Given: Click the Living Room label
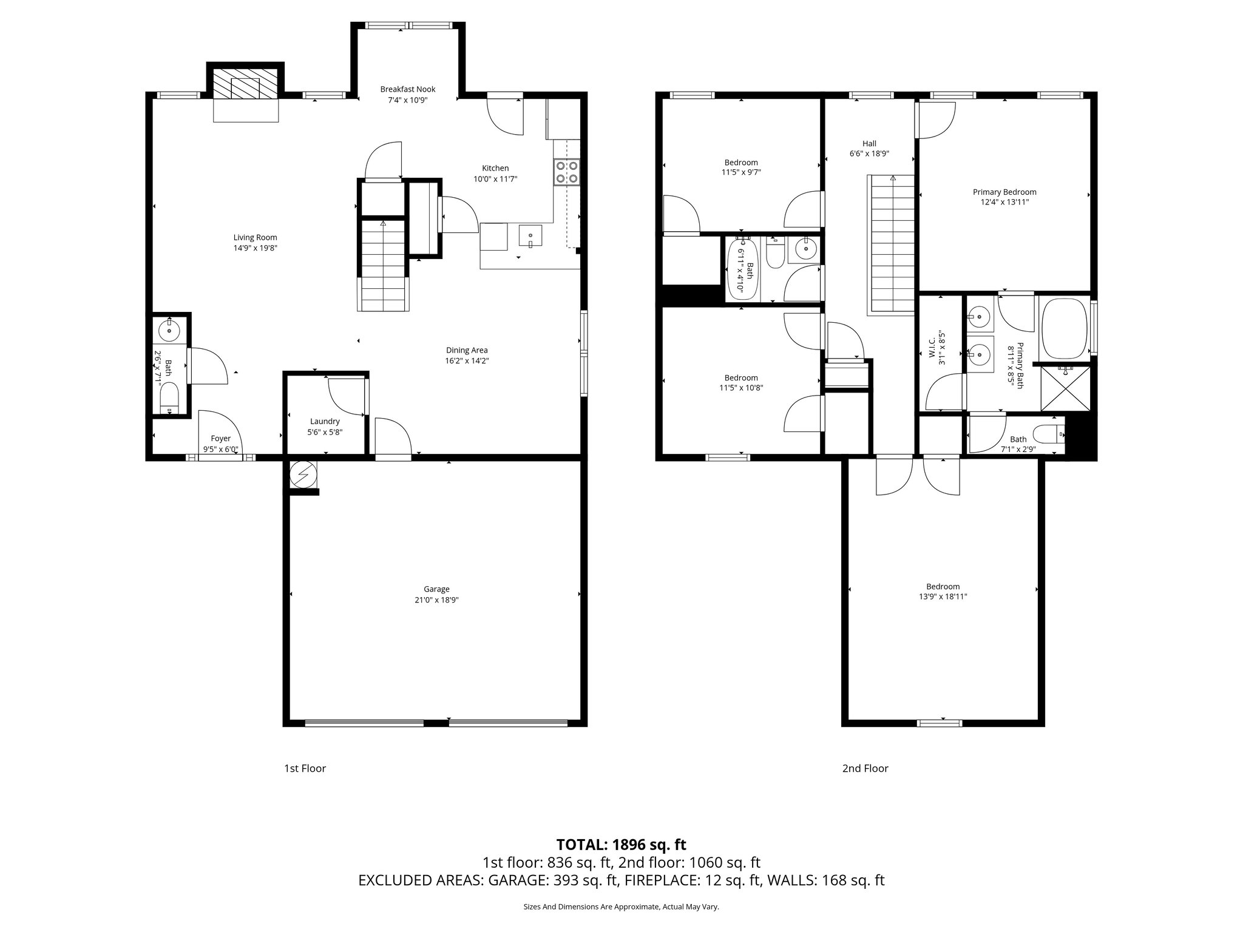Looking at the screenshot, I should (255, 237).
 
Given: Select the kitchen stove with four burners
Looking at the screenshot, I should (567, 172).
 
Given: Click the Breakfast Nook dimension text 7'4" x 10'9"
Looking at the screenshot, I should (408, 100).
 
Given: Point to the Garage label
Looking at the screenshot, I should (436, 589).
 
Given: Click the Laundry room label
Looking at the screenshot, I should (325, 421).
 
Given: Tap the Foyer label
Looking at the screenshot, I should (220, 438).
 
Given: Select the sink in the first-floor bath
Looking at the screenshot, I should (169, 331).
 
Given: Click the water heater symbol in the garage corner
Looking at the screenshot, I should (303, 474).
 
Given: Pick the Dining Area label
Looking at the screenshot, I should (467, 350).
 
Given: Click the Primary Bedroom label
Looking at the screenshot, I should (1004, 192).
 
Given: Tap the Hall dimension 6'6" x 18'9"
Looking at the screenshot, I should (869, 154).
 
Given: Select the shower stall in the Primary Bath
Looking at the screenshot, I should (1065, 388).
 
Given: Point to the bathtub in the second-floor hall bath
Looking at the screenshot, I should (743, 268).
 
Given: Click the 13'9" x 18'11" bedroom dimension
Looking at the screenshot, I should (943, 596).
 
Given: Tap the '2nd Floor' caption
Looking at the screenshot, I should (865, 768).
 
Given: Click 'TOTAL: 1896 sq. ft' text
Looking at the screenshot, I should (621, 844).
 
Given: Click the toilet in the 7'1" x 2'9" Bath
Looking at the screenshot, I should (1048, 434).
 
